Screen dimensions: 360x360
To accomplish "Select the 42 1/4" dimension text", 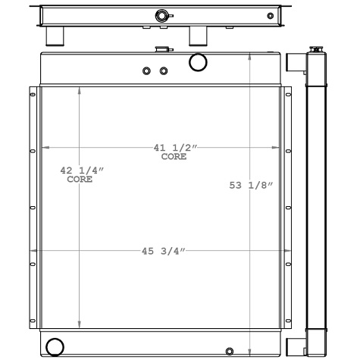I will (x=81, y=171).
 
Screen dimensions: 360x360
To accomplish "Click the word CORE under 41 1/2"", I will (x=173, y=157).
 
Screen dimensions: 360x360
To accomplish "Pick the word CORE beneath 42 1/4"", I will (x=80, y=180).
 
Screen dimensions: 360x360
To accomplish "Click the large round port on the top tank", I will (x=198, y=61).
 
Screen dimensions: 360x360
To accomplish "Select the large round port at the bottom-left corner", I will (x=55, y=346).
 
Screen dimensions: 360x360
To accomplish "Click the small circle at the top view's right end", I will (x=271, y=16).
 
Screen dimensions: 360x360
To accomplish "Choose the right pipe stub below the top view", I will (x=199, y=36).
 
